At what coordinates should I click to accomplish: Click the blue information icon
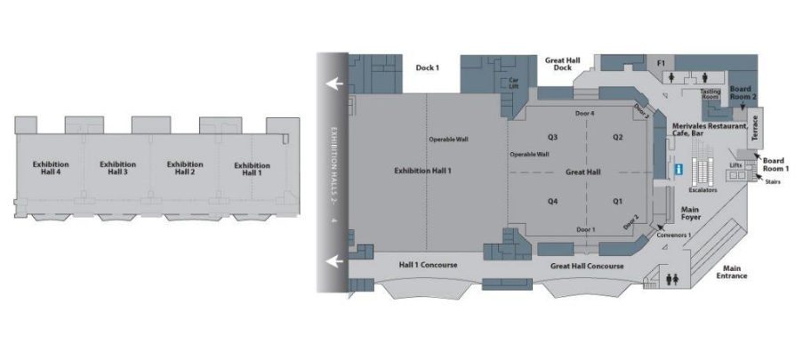(x=679, y=169)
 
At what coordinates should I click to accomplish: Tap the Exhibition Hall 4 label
(x=51, y=167)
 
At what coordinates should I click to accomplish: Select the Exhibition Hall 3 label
(x=117, y=167)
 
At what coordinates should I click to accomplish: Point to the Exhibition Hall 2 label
(x=185, y=167)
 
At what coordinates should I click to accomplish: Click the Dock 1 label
(x=427, y=67)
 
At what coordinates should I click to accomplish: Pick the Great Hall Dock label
(x=562, y=63)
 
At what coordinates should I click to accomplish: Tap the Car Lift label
(x=514, y=83)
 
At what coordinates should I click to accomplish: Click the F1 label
(x=661, y=63)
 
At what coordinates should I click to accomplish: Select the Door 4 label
(x=584, y=114)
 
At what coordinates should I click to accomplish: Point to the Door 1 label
(x=585, y=229)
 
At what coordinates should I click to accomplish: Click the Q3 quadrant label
(x=552, y=137)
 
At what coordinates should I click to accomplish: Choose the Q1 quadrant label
(x=618, y=201)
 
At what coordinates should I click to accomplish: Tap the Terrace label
(x=756, y=128)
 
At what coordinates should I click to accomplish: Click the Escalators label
(x=703, y=190)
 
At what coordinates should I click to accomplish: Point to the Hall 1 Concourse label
(x=428, y=265)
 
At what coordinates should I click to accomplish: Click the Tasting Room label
(x=711, y=93)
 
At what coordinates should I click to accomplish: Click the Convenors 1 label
(x=674, y=235)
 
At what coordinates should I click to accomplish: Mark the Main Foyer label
(x=690, y=213)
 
